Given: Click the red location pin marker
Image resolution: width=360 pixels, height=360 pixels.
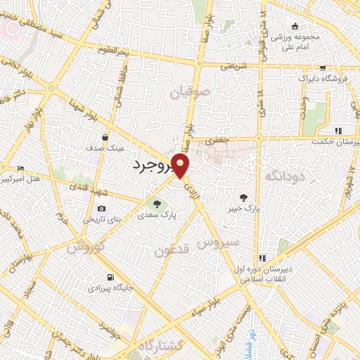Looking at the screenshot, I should tap(181, 166).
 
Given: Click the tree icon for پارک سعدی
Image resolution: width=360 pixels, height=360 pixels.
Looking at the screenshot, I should tap(156, 205).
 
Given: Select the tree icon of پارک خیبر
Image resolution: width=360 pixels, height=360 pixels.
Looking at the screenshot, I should tap(243, 198).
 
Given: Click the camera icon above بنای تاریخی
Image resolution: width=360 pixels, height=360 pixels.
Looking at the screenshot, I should tap(102, 209).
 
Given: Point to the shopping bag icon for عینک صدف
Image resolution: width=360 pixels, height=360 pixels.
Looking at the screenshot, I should tap(104, 138).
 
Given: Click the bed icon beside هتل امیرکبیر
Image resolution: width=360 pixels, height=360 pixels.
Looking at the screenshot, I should tap(20, 169).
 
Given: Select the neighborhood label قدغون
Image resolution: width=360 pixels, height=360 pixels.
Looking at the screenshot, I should tap(172, 250).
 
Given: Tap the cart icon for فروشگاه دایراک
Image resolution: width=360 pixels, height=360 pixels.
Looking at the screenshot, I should tap(322, 68).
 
